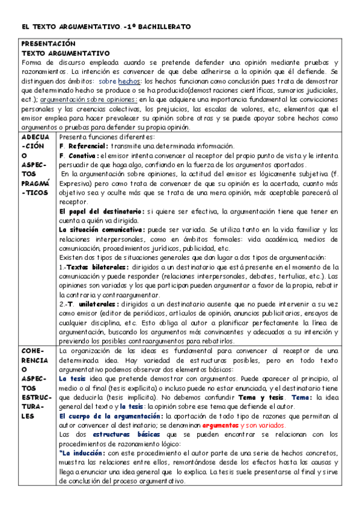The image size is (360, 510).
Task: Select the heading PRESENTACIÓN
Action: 48,45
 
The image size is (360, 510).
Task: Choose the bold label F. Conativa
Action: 80,156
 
